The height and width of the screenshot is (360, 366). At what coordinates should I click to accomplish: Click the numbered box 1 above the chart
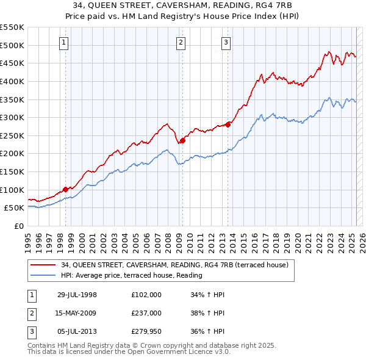[65, 43]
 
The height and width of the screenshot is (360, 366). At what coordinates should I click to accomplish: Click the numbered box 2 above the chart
[181, 43]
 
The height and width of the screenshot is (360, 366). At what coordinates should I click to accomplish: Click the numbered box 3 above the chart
[226, 43]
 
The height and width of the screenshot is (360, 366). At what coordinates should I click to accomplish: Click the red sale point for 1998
[65, 189]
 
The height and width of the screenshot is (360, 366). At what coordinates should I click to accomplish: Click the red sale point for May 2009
[182, 140]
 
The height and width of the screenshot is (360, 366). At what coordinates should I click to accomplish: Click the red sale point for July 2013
[227, 124]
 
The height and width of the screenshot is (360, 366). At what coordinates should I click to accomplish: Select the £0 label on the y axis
[18, 226]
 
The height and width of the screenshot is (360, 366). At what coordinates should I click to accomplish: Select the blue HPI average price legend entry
[131, 275]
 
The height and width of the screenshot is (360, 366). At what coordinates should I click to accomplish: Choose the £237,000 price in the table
[146, 314]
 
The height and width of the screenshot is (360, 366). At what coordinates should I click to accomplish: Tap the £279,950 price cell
[146, 332]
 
